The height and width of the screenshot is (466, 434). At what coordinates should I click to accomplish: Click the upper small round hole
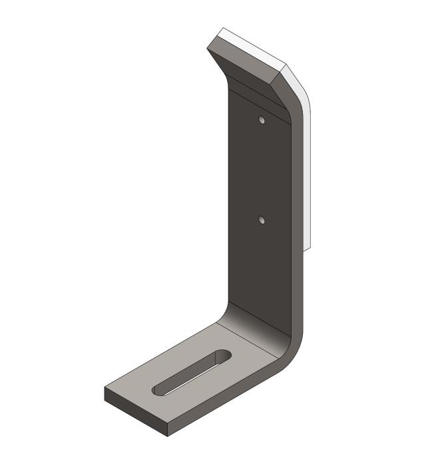262,120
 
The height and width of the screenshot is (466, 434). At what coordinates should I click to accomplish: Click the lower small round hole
262,219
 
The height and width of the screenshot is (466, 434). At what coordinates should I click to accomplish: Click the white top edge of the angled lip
253,47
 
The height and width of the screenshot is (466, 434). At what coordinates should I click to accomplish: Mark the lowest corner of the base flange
167,435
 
